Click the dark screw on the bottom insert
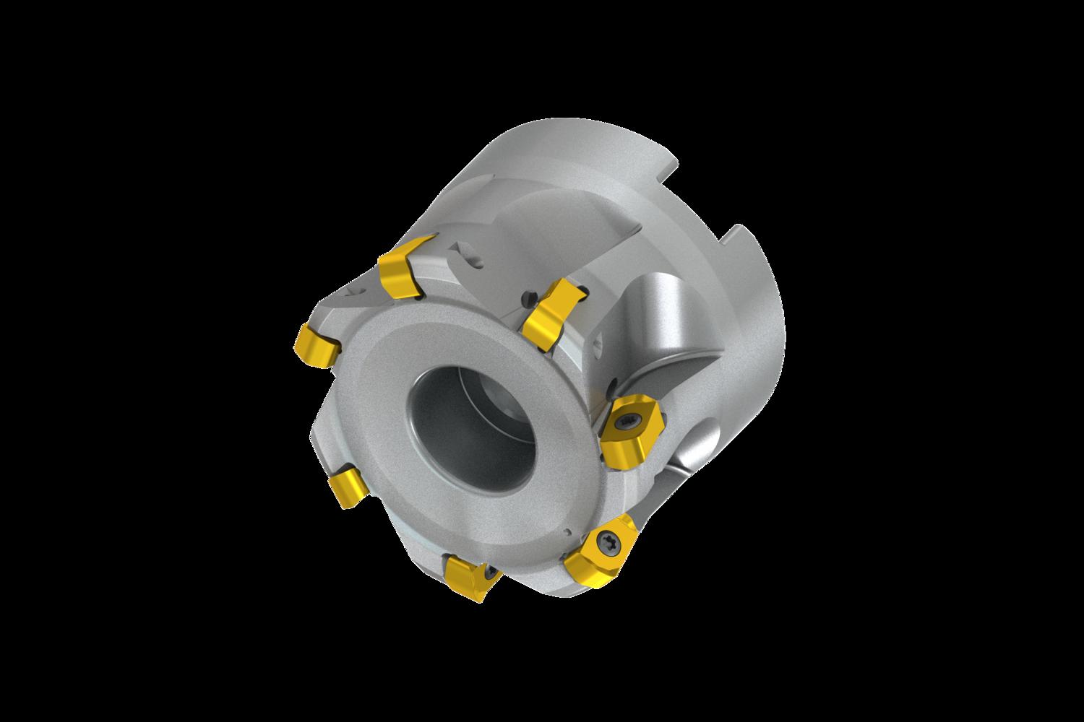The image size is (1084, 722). coord(492,573)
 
